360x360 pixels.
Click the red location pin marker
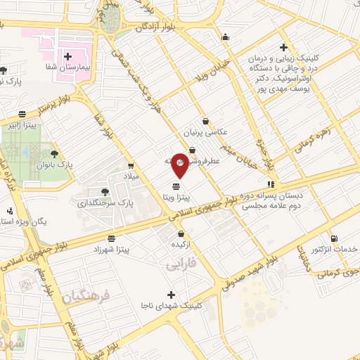coord(180,165)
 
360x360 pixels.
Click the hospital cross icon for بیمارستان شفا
coord(68,56)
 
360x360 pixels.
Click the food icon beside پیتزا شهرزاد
coord(112,238)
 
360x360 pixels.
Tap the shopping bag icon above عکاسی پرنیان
coord(205,120)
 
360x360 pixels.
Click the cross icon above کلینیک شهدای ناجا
coord(171,295)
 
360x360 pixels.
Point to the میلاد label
coord(133,175)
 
